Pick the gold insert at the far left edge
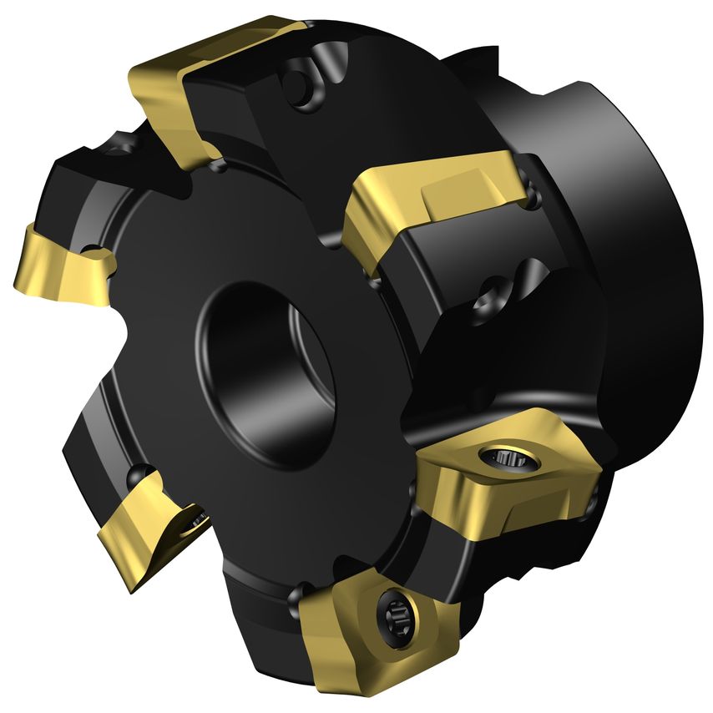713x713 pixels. [58, 263]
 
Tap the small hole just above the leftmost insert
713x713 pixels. [87, 249]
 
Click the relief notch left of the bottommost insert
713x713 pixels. [294, 594]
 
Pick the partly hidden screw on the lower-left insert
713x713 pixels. [199, 523]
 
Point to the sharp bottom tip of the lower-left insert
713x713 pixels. [134, 589]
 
